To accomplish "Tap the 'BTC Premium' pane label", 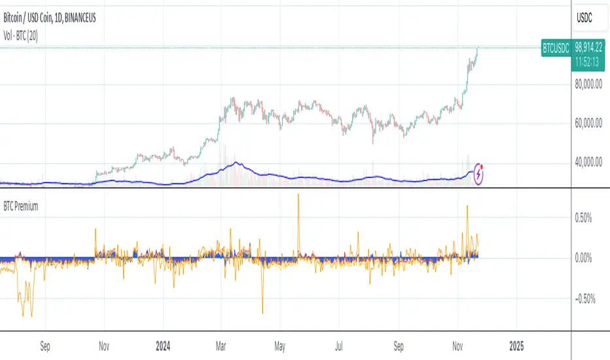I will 22,206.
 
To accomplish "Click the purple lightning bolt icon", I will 480,173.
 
